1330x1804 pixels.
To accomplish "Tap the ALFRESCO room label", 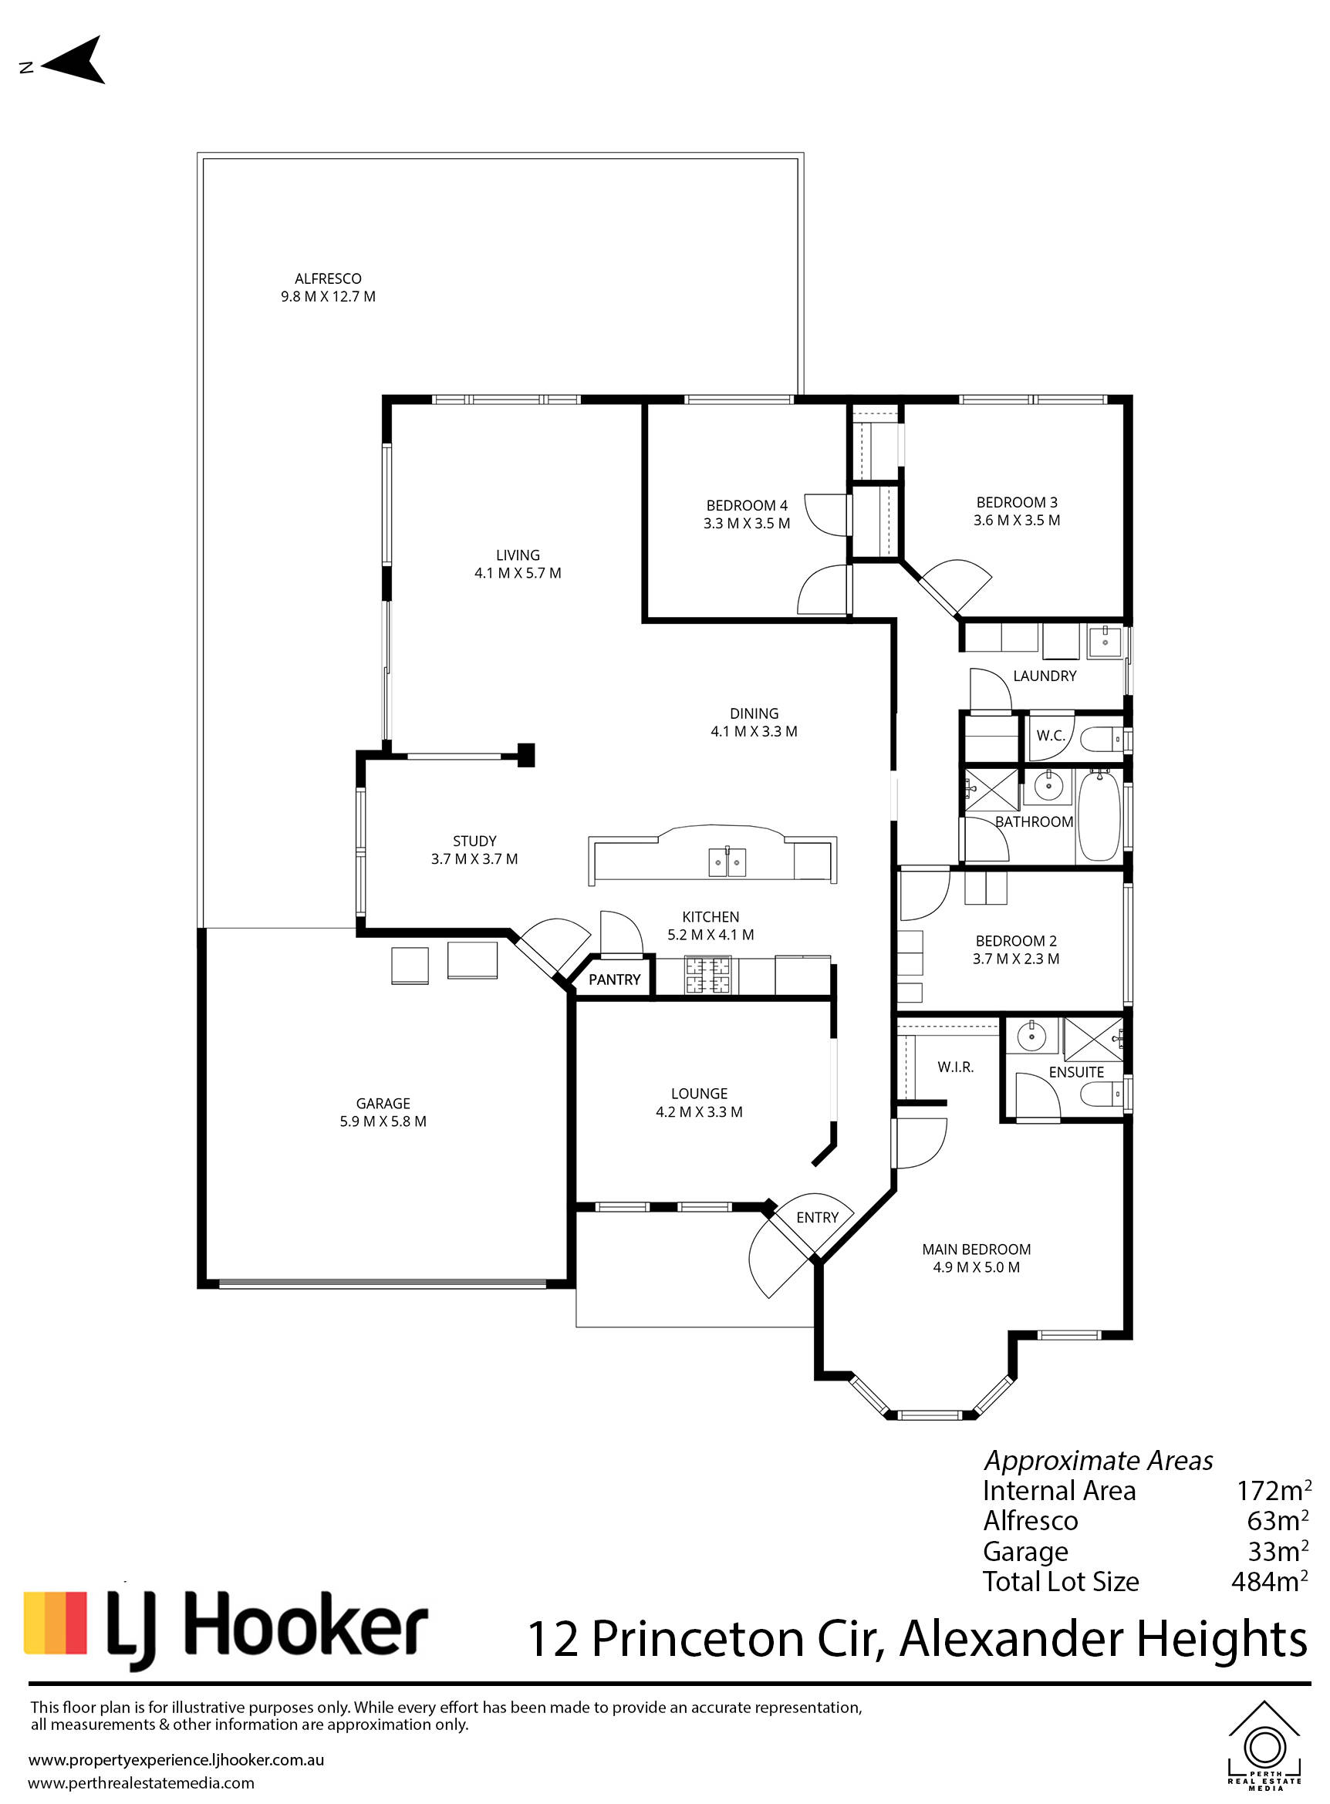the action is click(328, 278).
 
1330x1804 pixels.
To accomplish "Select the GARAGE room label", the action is click(383, 1103).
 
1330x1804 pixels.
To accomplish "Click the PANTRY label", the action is click(614, 979).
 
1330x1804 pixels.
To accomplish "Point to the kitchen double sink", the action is click(727, 862).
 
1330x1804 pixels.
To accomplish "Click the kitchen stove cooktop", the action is click(708, 975).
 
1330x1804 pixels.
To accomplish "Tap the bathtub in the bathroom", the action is click(1098, 815).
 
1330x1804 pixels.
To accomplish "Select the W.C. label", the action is click(1051, 735).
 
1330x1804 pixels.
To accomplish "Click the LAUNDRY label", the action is click(1045, 676).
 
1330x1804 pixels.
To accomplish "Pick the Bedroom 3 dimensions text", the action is click(1017, 520).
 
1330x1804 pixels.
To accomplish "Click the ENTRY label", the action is click(817, 1217).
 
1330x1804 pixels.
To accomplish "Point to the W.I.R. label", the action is click(956, 1067).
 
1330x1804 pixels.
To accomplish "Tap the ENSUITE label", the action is click(1075, 1072).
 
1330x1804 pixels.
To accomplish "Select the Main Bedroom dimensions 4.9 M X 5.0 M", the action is click(977, 1267).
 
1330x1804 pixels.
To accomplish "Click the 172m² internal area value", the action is click(1274, 1491).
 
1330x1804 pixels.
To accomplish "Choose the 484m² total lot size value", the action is click(1269, 1582).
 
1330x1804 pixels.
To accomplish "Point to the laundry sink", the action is click(1106, 642).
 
